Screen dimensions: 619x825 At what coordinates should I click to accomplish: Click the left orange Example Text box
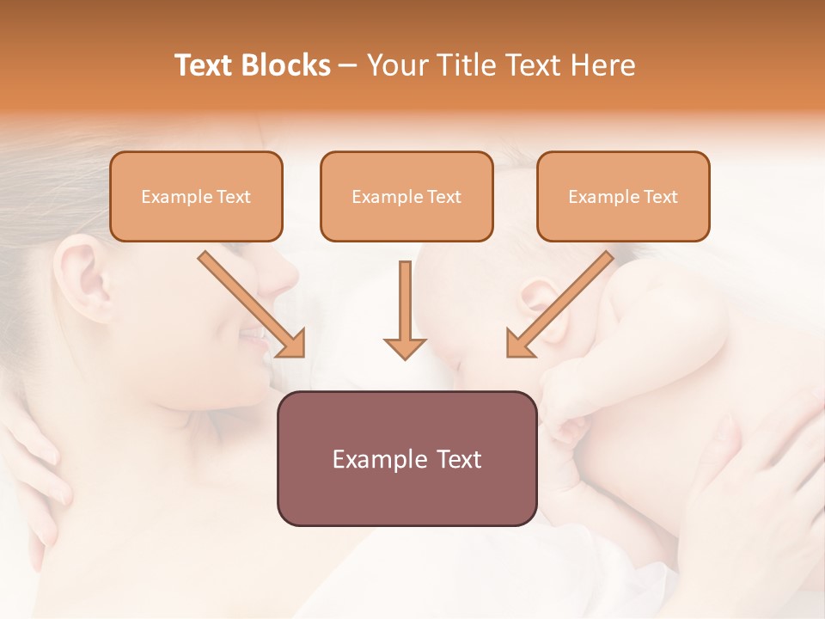(196, 196)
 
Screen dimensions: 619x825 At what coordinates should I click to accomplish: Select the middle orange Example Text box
(406, 196)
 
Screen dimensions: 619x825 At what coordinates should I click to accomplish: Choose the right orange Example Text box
(623, 196)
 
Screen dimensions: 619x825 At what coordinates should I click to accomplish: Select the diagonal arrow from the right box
(560, 303)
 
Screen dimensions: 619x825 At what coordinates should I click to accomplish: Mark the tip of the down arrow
(405, 358)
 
